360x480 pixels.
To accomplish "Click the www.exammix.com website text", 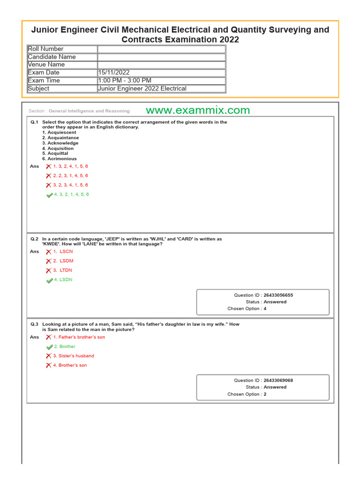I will [x=197, y=111].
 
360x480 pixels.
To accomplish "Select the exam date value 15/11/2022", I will [x=114, y=73].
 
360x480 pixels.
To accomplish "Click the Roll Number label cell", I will [x=46, y=49].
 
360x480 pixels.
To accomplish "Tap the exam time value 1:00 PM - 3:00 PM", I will [x=125, y=81].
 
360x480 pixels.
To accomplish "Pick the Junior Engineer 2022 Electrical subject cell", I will [x=142, y=89].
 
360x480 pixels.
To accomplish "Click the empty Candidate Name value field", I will [x=161, y=57].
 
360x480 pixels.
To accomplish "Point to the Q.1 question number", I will [x=34, y=122].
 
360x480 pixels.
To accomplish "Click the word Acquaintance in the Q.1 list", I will [x=63, y=138].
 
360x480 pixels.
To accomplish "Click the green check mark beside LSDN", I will [x=49, y=280].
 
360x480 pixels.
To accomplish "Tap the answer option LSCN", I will [x=66, y=252].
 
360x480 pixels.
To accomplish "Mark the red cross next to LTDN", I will [x=49, y=270].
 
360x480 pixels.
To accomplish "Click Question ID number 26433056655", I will [x=278, y=295].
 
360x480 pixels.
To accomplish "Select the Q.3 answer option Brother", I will [x=67, y=346].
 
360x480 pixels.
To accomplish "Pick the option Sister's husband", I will [x=76, y=356].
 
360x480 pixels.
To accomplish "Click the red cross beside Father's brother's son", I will [x=49, y=337].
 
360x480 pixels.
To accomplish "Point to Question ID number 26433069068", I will [x=278, y=381].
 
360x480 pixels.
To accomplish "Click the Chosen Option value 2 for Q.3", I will [x=265, y=394].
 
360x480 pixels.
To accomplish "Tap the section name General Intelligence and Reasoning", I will [x=89, y=111].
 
